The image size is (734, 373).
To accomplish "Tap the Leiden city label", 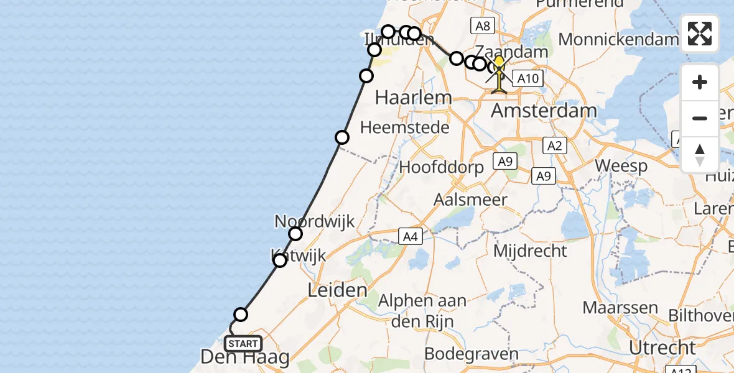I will (337, 290).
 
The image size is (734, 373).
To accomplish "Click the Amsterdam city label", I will (544, 111).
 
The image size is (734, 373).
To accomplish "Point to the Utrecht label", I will (661, 348).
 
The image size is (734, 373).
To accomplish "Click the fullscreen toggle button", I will (700, 34).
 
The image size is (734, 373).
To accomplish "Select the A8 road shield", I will (483, 26).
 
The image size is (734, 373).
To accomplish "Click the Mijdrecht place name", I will (530, 251).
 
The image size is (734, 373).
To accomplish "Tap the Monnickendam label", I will (618, 39).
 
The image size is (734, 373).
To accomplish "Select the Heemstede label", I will (413, 127).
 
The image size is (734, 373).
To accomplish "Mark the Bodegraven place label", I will (471, 354).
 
